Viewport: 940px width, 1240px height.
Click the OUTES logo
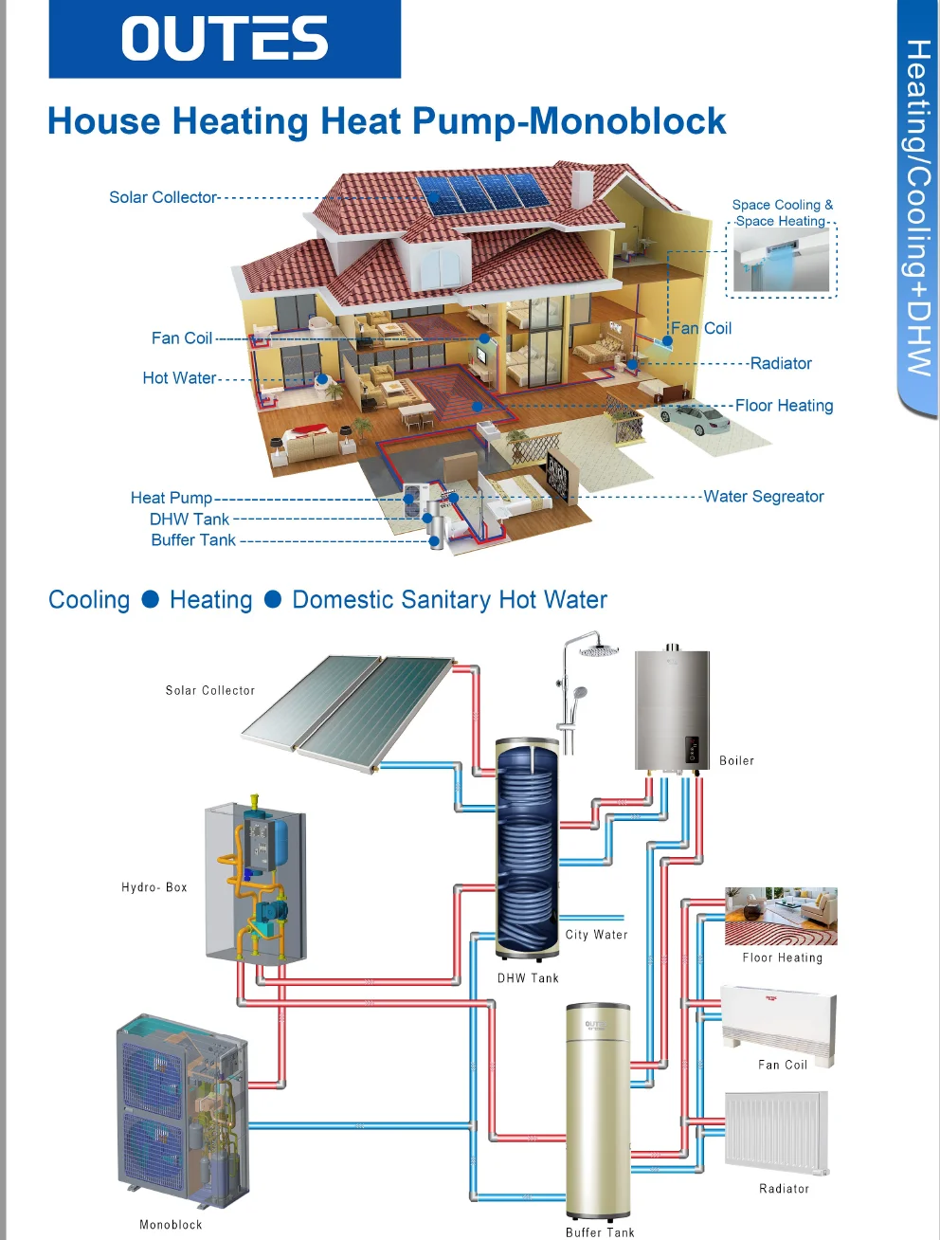(x=225, y=39)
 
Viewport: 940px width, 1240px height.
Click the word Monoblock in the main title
(x=626, y=121)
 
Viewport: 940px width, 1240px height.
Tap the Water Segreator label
(x=763, y=497)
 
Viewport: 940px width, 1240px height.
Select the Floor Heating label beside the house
(x=784, y=406)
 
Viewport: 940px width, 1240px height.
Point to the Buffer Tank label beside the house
(x=193, y=540)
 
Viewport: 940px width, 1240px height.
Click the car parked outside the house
(x=696, y=418)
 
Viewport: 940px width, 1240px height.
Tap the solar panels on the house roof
(x=484, y=193)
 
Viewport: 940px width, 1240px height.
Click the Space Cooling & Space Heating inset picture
(x=782, y=261)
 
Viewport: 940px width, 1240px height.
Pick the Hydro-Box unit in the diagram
(x=255, y=882)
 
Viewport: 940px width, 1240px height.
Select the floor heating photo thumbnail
(x=781, y=916)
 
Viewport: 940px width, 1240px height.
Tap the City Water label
(x=596, y=935)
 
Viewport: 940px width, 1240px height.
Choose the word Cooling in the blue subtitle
(x=89, y=600)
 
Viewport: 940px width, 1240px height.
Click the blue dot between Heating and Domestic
(x=273, y=599)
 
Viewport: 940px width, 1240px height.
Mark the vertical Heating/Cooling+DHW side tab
(x=917, y=209)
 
